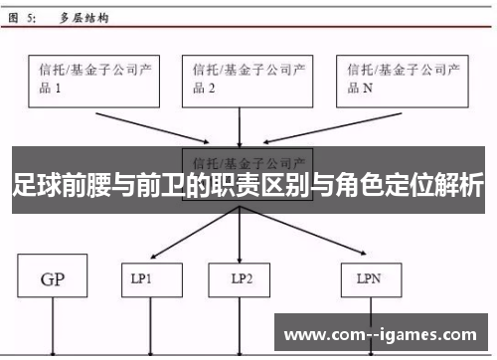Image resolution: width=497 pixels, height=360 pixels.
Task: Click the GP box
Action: coord(52,279)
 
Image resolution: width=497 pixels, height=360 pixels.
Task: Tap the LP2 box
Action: coord(239,279)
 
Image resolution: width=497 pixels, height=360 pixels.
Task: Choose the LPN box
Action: coord(370,279)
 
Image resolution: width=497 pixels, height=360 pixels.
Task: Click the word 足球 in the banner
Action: coord(33,186)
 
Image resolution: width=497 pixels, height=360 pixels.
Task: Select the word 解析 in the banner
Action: coord(459,186)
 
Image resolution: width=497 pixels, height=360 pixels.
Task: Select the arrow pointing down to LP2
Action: coord(239,239)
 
